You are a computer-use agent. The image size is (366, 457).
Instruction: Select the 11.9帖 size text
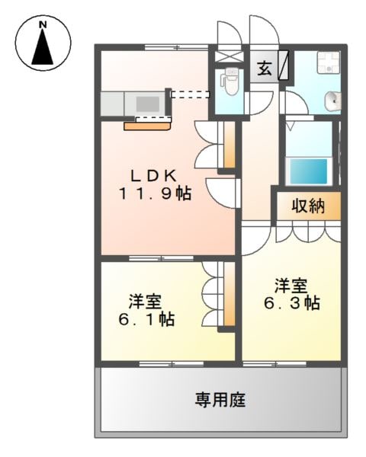tap(154, 193)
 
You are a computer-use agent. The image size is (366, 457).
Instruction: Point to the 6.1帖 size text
tap(147, 319)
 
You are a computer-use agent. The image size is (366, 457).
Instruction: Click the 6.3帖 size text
tap(292, 303)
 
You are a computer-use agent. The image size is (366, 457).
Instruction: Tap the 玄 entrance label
tap(264, 68)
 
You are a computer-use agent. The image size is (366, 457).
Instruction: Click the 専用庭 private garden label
tap(219, 399)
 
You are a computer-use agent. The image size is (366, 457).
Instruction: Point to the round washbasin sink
tap(333, 100)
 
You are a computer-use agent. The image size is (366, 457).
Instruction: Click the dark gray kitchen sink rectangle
tap(146, 101)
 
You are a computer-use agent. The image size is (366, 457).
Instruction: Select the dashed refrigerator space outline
tap(189, 95)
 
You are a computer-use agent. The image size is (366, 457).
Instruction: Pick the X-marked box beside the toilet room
tap(226, 56)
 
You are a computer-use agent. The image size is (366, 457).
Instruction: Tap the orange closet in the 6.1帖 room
tap(226, 297)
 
